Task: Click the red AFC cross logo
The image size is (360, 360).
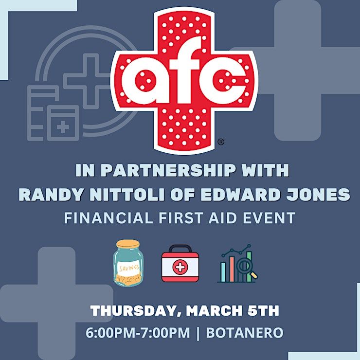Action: pos(184,80)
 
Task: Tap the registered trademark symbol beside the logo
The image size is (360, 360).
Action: pos(221,142)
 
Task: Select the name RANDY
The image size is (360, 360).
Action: pos(51,195)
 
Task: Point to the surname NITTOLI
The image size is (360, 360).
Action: pos(127,195)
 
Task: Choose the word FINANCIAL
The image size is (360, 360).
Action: pos(108,217)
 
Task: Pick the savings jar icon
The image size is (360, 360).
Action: pos(128,263)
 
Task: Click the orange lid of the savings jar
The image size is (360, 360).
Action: pos(128,244)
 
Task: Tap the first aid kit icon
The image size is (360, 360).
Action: pos(180,263)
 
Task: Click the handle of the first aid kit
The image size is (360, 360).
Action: pos(180,249)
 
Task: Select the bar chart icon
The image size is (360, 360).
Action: pos(237,263)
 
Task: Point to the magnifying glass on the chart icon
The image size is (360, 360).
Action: pos(246,268)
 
